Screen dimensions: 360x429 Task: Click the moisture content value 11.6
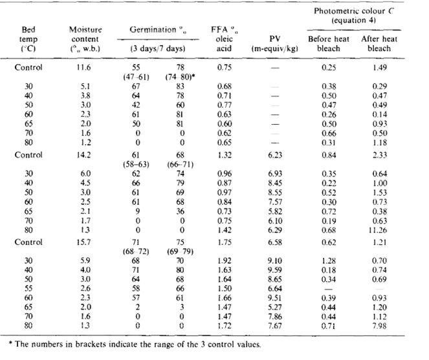point(85,67)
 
